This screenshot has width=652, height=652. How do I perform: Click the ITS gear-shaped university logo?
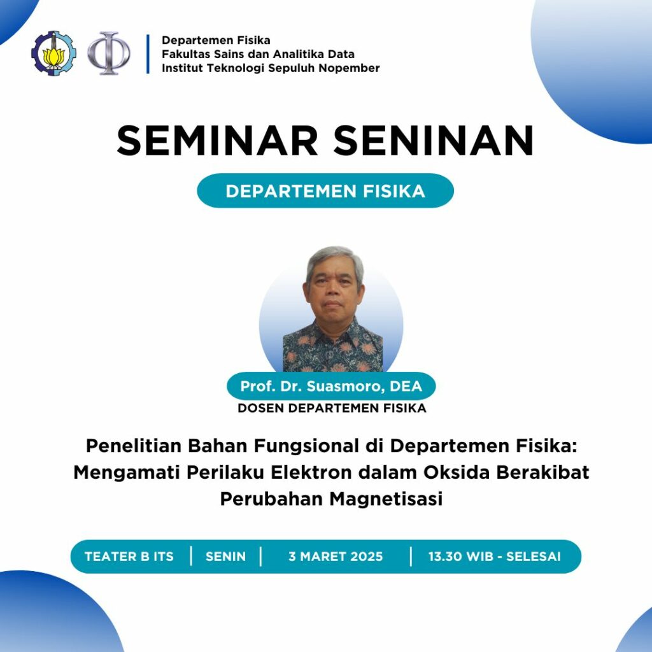pyautogui.click(x=53, y=53)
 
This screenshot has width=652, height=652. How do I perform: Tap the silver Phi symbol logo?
pyautogui.click(x=108, y=53)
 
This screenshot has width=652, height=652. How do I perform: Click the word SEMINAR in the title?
pyautogui.click(x=218, y=141)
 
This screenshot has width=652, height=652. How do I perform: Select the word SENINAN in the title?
pyautogui.click(x=434, y=141)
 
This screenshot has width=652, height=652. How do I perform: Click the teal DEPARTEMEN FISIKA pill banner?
pyautogui.click(x=325, y=191)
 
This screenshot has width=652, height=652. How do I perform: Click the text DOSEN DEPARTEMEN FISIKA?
pyautogui.click(x=332, y=408)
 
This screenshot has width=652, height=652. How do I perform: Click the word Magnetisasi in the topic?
pyautogui.click(x=386, y=499)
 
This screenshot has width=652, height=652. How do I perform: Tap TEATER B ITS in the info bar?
pyautogui.click(x=129, y=556)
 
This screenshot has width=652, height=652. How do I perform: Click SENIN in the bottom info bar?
pyautogui.click(x=226, y=556)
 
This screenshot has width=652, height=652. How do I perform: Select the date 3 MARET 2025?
pyautogui.click(x=336, y=556)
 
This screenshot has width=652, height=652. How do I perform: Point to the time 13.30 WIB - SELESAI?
pyautogui.click(x=495, y=556)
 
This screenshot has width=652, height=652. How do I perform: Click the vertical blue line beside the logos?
pyautogui.click(x=148, y=54)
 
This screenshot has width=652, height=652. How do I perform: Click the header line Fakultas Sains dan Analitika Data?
pyautogui.click(x=259, y=54)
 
